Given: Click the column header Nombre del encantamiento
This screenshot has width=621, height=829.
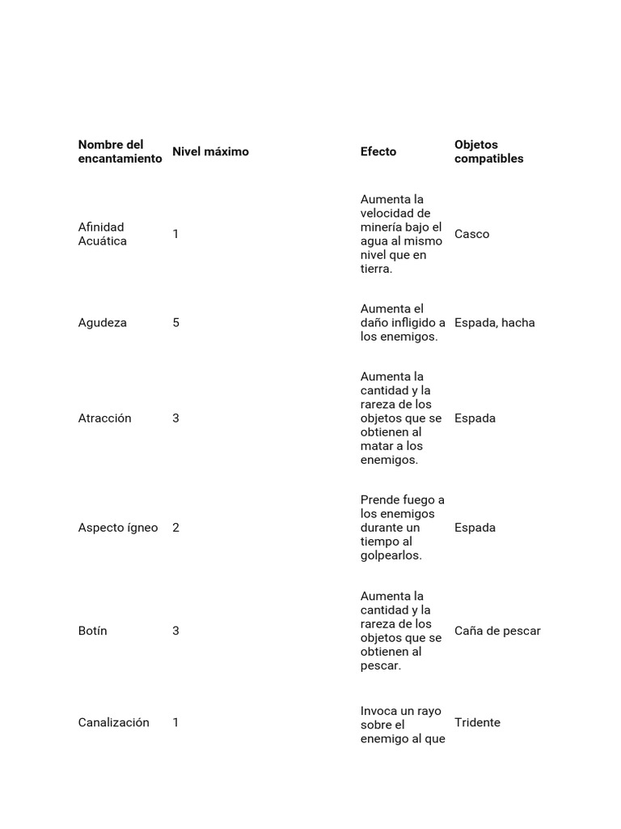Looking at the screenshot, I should [x=120, y=151].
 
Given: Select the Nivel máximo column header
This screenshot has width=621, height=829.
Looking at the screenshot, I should [x=210, y=151].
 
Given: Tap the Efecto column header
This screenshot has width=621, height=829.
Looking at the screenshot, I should [x=378, y=151].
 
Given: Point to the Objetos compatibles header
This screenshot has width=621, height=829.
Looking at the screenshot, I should [x=488, y=151].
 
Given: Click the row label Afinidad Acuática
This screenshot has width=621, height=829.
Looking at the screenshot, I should [x=103, y=234].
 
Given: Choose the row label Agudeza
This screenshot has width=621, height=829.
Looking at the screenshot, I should [x=103, y=322].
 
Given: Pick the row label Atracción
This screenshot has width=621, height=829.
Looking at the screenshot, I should [x=104, y=418].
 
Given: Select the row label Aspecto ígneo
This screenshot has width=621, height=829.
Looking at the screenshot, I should [x=118, y=527].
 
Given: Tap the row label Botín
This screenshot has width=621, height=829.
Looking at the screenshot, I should [x=93, y=631].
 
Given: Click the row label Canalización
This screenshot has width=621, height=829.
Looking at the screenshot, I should [x=114, y=722].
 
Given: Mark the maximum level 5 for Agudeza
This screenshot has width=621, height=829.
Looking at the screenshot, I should [x=175, y=322].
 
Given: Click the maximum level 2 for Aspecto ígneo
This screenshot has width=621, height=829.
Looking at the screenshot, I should [x=175, y=527].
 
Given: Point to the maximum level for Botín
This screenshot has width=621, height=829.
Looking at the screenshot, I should [x=175, y=631].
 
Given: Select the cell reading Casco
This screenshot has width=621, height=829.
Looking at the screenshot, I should [x=472, y=234].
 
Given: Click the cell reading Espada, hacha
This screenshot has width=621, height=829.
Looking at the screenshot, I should [x=495, y=322].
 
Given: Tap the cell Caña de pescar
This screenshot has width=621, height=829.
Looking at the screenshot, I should [x=497, y=631].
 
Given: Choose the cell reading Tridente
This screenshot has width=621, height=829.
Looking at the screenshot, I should [x=477, y=722].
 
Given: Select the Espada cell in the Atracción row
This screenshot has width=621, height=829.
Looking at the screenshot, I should [x=475, y=418].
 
